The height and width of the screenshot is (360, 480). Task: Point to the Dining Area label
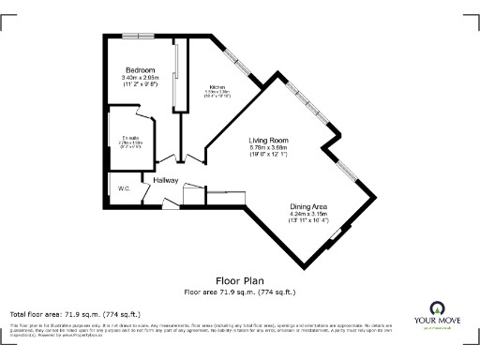(308, 205)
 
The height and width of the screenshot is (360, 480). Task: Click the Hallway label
(153, 179)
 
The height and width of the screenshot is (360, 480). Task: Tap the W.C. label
(124, 188)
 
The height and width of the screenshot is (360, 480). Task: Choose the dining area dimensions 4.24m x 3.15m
(308, 213)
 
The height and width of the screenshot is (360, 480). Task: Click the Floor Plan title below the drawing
(239, 279)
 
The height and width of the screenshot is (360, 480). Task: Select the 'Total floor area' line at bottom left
(75, 314)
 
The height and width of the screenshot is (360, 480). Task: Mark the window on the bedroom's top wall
(138, 36)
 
